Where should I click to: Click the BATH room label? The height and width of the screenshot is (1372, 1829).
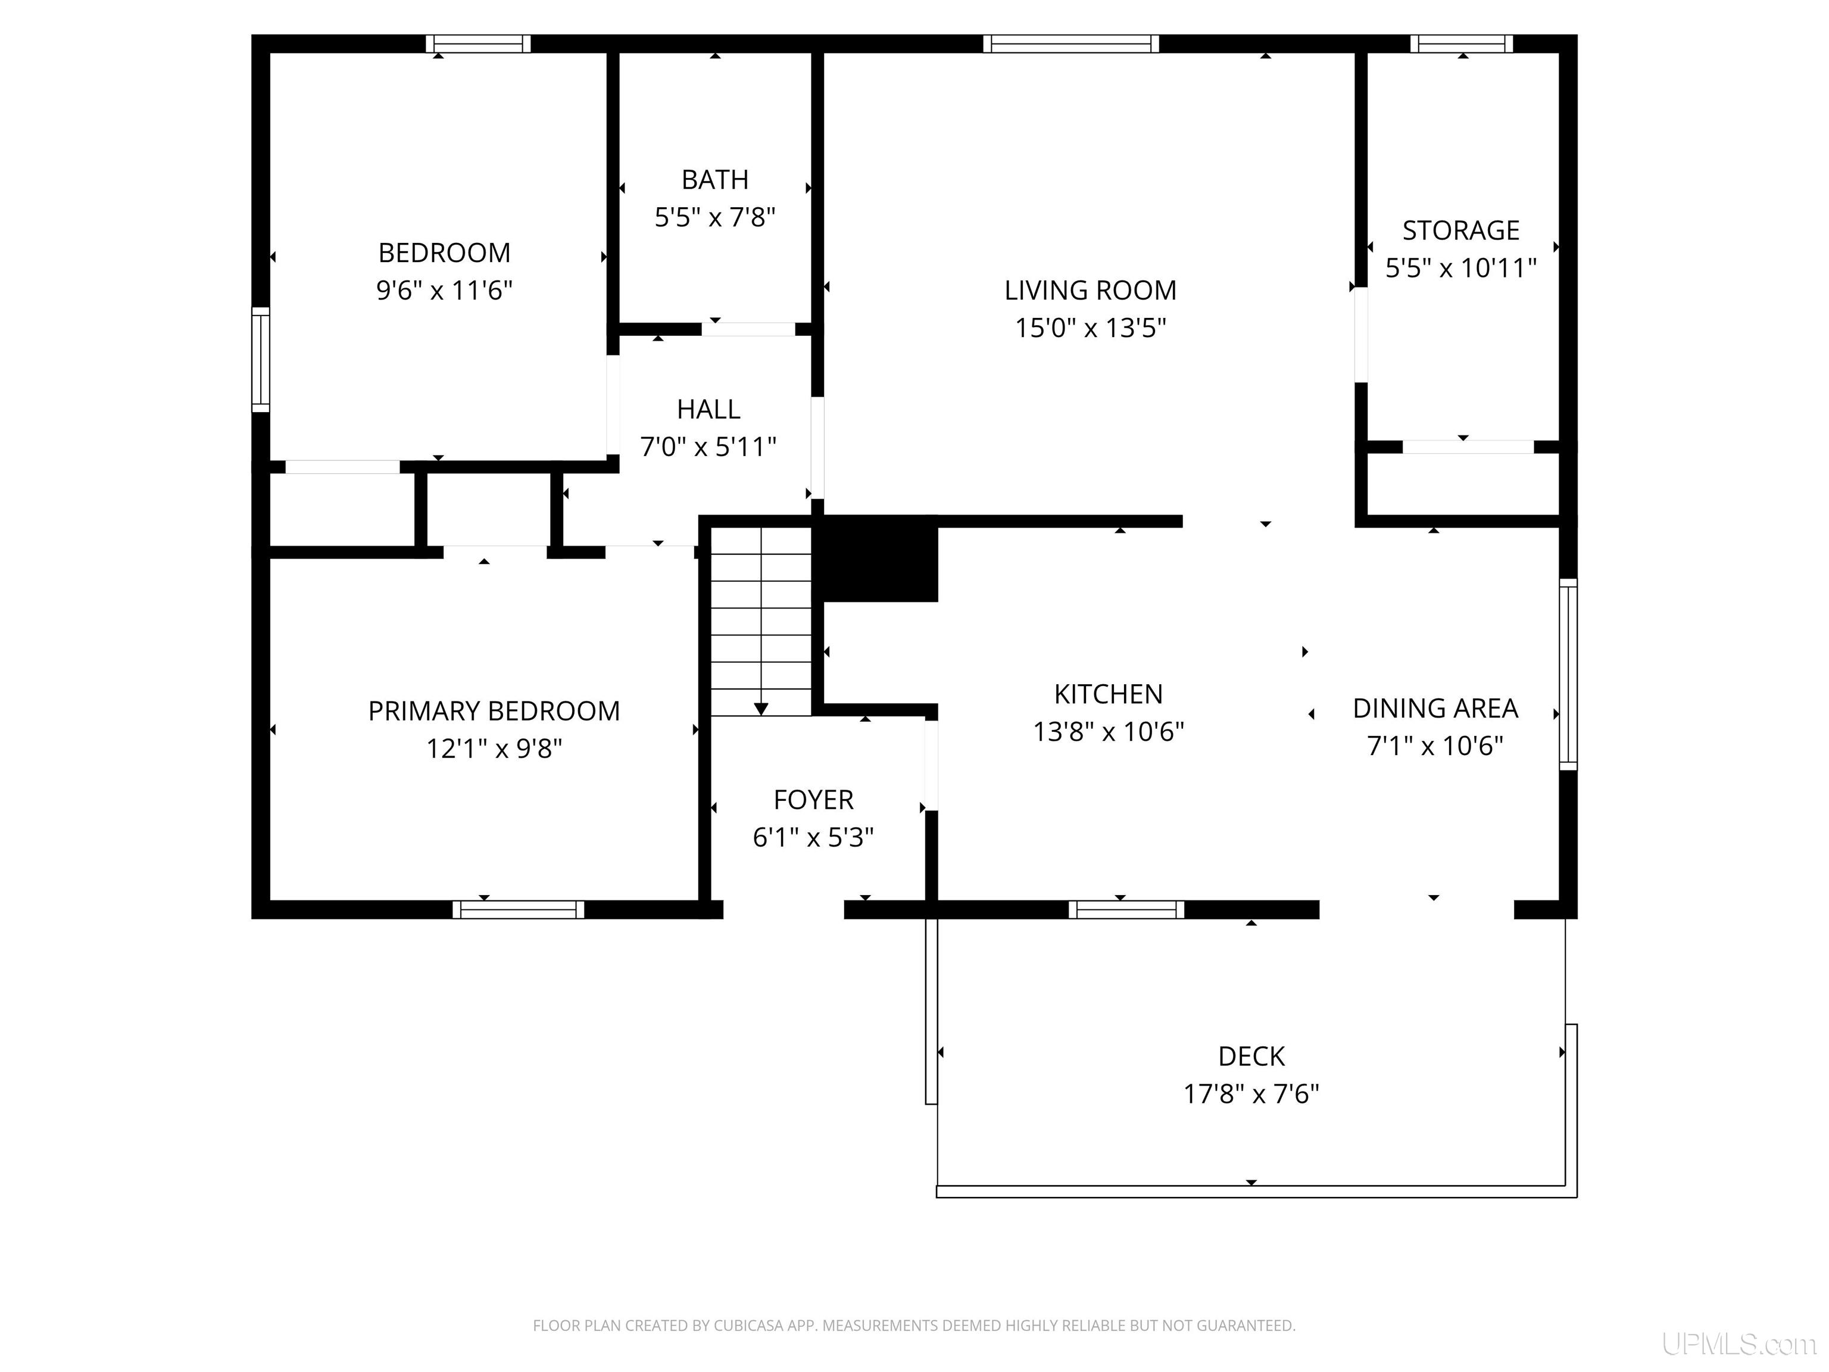[x=715, y=179]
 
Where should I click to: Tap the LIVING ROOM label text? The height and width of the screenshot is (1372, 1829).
[x=1091, y=290]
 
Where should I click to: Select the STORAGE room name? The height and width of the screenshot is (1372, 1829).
[x=1461, y=230]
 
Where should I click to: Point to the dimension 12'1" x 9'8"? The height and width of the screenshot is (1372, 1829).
[x=494, y=749]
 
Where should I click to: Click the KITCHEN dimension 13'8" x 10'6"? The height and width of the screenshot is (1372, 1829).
[x=1109, y=732]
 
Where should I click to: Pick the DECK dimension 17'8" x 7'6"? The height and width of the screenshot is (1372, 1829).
[x=1251, y=1094]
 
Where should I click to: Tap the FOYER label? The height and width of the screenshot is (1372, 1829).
[x=814, y=800]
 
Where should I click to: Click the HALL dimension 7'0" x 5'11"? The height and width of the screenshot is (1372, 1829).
[x=708, y=447]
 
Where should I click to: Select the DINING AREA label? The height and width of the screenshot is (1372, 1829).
[x=1435, y=708]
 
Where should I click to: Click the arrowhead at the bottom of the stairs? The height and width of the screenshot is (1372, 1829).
[x=761, y=709]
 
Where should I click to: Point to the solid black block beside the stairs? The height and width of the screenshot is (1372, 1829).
[x=876, y=558]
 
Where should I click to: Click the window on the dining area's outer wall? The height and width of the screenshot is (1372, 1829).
[x=1568, y=675]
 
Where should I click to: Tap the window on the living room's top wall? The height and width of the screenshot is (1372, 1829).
[x=1070, y=44]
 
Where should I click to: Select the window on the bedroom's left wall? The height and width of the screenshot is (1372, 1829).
[x=260, y=360]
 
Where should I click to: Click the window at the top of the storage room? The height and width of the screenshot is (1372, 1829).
[x=1462, y=44]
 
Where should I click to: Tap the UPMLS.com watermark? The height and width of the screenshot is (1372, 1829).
[x=1738, y=1344]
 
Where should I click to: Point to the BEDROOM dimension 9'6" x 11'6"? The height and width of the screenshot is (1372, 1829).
[x=445, y=290]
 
